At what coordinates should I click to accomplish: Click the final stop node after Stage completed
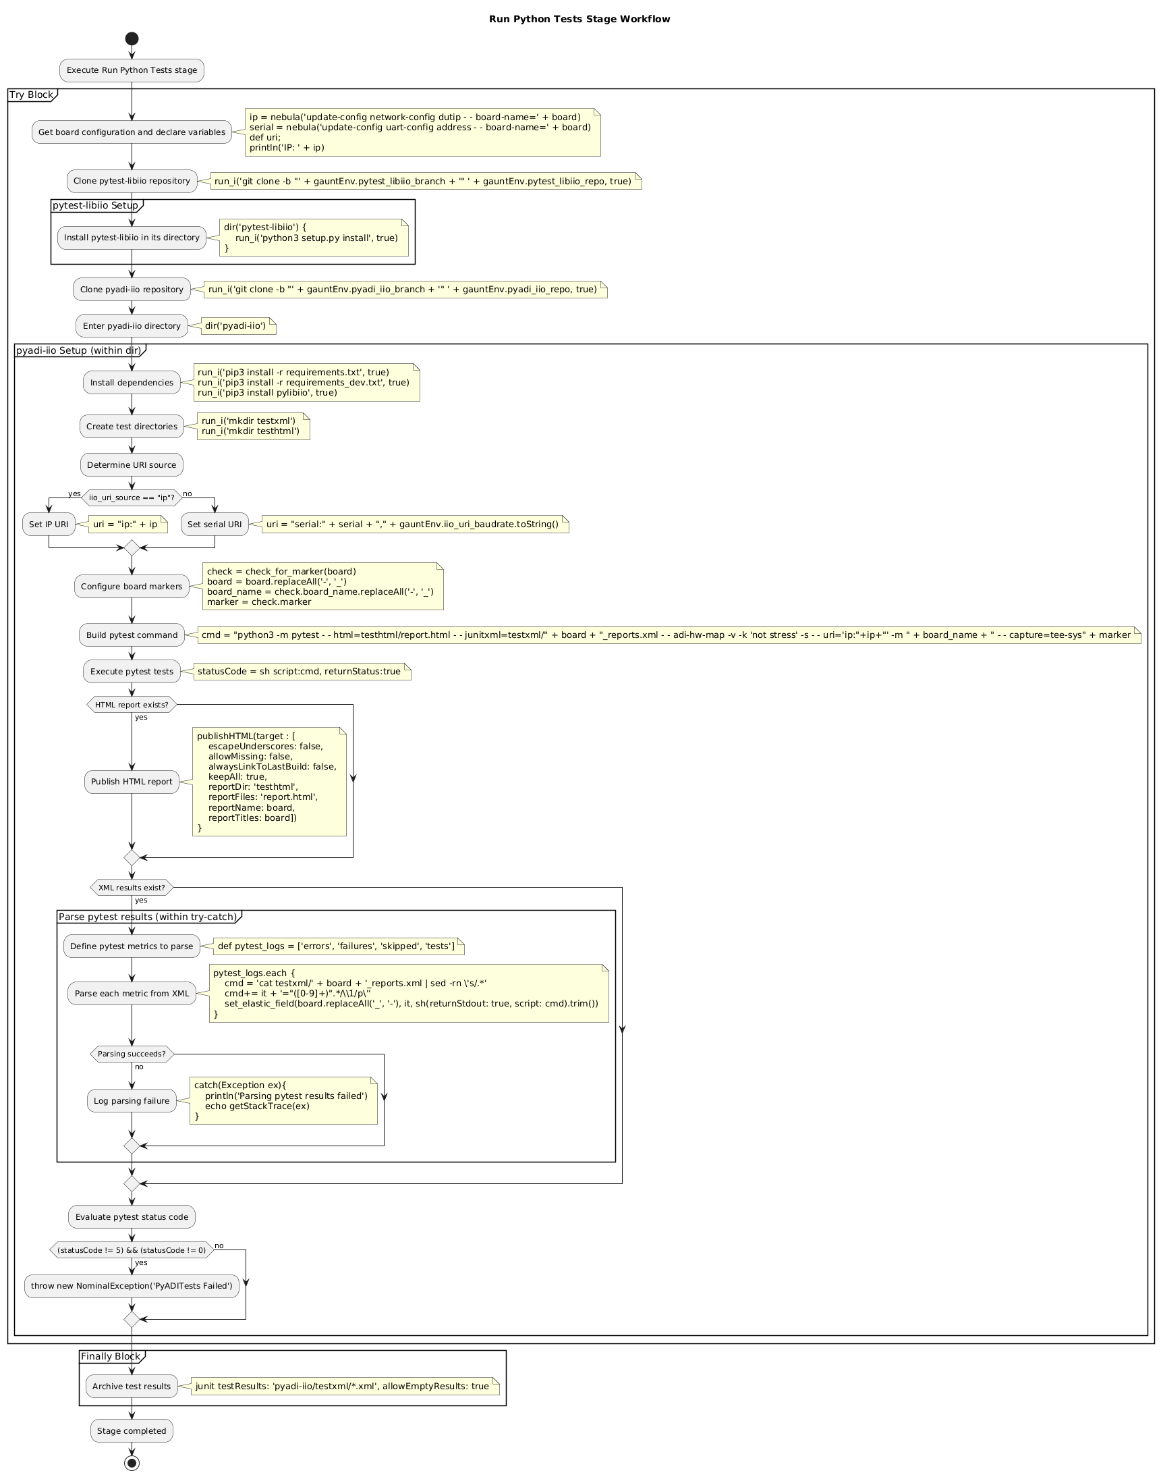(x=132, y=1462)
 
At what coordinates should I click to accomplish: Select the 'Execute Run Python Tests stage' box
(x=132, y=70)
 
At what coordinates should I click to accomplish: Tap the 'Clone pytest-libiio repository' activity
(x=132, y=181)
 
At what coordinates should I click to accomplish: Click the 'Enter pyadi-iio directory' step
(x=132, y=326)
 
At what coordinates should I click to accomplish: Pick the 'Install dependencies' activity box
(x=132, y=383)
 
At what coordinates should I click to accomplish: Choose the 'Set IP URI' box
(x=49, y=525)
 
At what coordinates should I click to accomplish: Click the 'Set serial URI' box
(x=215, y=525)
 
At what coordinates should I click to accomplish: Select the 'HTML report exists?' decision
(x=132, y=705)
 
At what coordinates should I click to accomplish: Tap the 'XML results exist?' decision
(x=132, y=888)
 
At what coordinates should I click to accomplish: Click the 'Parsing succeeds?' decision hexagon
(x=132, y=1054)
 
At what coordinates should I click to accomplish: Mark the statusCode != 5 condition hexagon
(x=132, y=1250)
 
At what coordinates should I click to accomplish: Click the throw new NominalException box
(x=132, y=1286)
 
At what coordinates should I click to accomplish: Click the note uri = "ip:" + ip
(x=125, y=525)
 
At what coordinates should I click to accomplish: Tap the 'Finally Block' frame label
(x=110, y=1357)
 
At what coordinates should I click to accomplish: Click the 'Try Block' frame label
(x=31, y=95)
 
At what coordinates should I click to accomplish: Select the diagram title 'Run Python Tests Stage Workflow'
(x=579, y=19)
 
